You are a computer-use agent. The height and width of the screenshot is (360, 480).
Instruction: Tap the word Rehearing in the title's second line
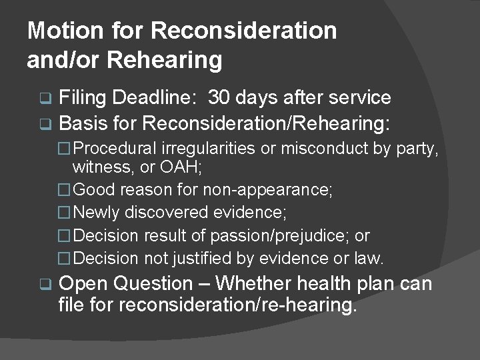pos(165,60)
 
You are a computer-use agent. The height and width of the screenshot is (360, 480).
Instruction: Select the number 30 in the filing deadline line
pos(221,98)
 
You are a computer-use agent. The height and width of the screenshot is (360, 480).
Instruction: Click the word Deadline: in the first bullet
pos(153,98)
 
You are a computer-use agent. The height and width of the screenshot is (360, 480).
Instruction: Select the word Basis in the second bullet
pos(83,123)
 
